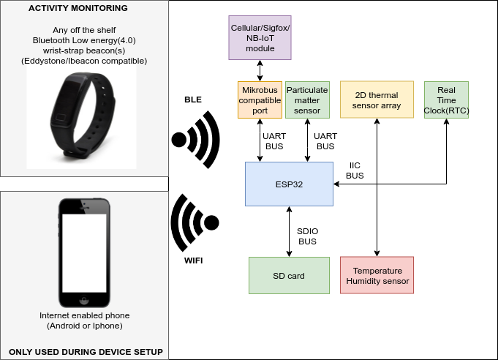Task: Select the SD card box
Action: [x=288, y=276]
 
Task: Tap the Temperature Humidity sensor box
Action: [x=377, y=276]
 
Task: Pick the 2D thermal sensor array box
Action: [x=376, y=100]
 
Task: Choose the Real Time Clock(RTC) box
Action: [x=446, y=100]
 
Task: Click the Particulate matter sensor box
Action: [x=307, y=100]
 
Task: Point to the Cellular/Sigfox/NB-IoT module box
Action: [x=260, y=37]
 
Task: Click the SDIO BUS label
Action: [x=307, y=236]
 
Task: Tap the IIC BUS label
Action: [x=355, y=171]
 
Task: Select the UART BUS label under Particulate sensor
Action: [x=325, y=141]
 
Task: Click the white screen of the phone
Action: [x=86, y=252]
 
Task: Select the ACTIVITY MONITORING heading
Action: [x=78, y=9]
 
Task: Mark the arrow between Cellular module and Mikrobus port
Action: [x=260, y=70]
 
